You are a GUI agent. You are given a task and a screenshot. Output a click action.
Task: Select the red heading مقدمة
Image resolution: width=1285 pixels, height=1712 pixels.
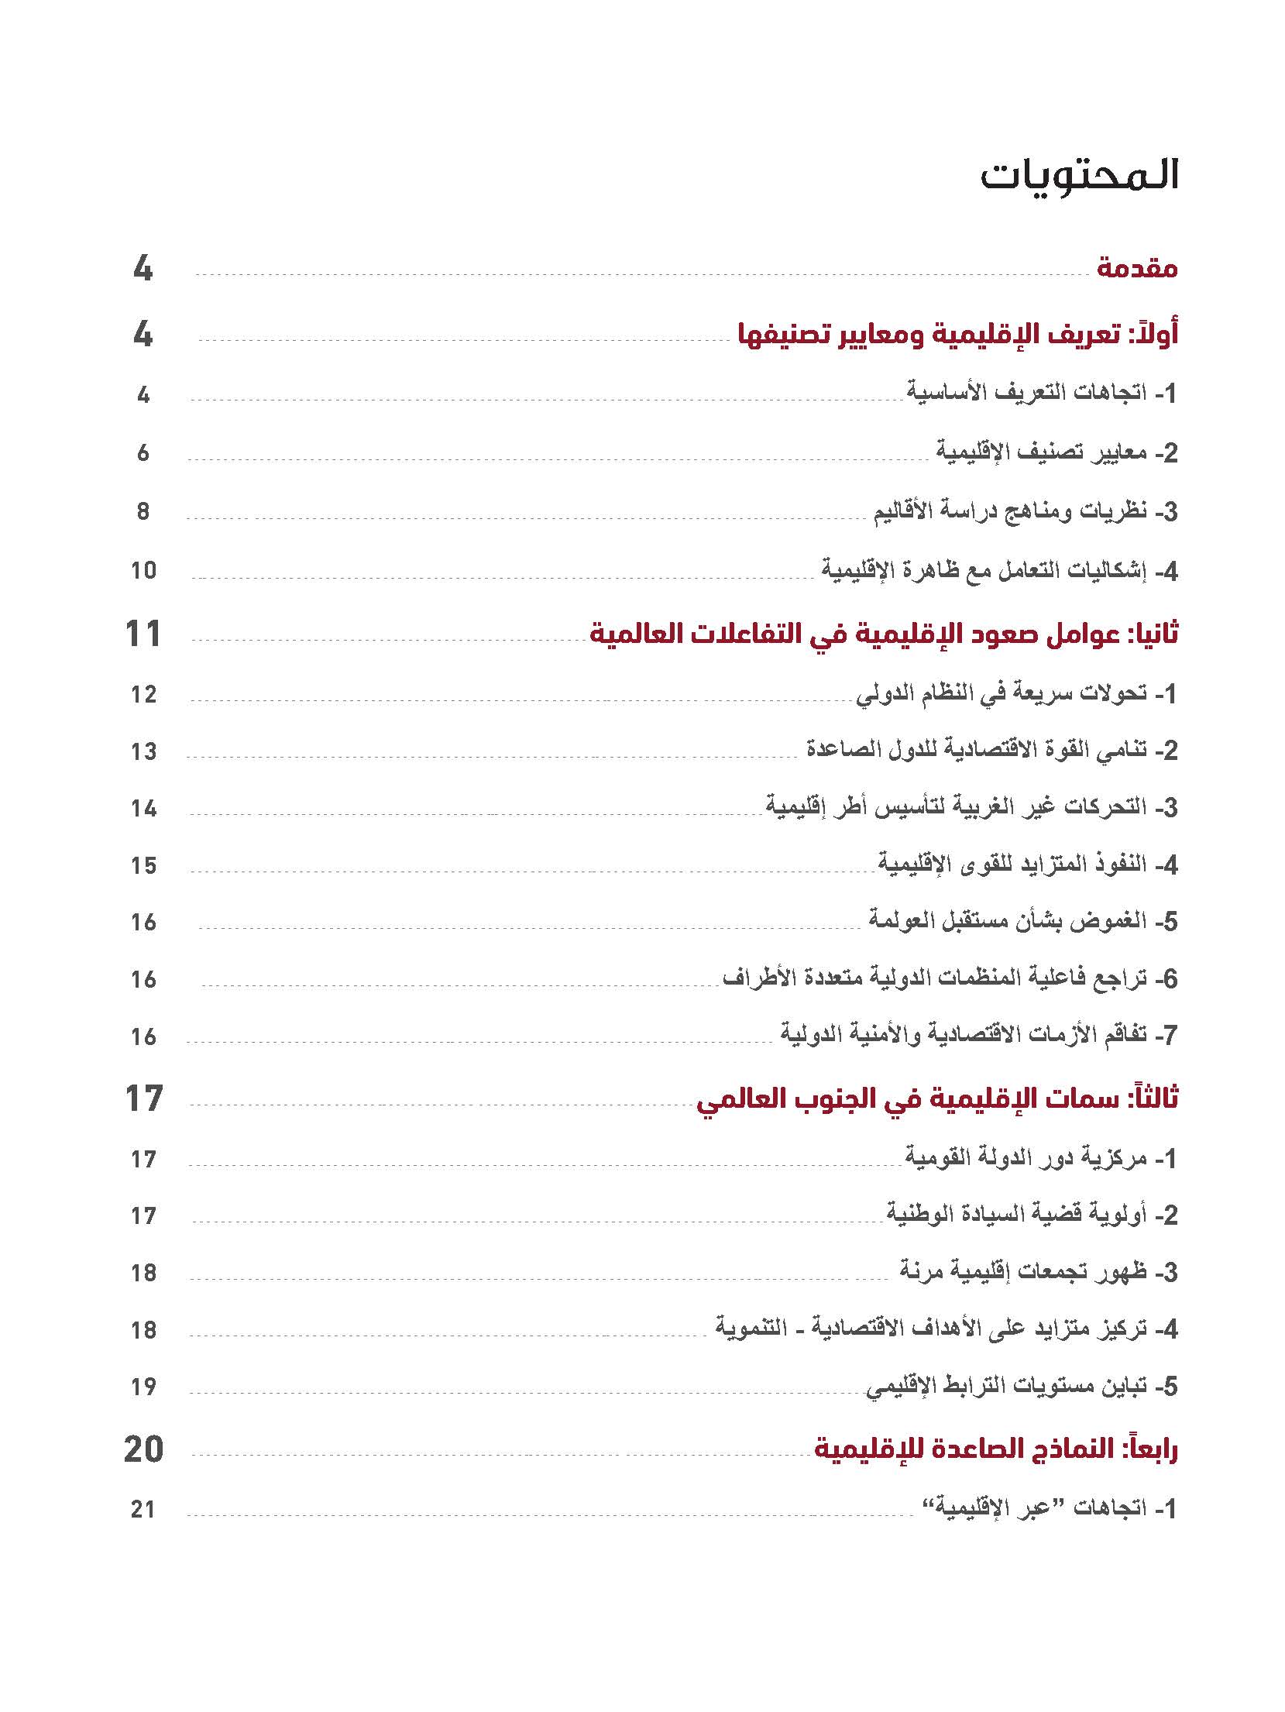[x=1136, y=269]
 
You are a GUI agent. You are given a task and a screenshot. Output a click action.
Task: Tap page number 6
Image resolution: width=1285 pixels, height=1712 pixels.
[x=143, y=452]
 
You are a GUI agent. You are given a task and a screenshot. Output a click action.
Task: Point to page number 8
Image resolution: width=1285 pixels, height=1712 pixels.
[x=143, y=511]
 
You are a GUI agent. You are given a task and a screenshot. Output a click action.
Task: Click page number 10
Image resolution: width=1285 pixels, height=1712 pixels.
[x=143, y=571]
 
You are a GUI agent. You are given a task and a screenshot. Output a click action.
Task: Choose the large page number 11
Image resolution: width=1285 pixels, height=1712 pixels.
[x=143, y=634]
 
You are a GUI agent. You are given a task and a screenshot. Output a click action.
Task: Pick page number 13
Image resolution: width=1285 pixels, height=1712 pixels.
[x=143, y=751]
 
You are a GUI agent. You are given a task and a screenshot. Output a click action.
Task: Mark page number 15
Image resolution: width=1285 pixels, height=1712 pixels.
[x=143, y=865]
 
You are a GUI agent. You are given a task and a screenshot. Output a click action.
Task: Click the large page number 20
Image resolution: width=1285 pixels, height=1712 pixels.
[x=143, y=1449]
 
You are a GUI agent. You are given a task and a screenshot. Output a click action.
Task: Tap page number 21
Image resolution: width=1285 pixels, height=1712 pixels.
[x=143, y=1509]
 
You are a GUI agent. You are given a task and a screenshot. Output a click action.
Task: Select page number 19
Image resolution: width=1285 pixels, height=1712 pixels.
[x=143, y=1387]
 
